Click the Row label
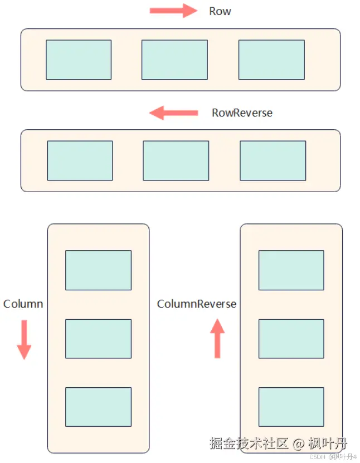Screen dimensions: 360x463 click(220, 12)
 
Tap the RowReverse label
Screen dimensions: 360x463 click(242, 113)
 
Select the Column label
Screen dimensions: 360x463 click(23, 304)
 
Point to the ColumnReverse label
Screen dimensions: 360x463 click(196, 304)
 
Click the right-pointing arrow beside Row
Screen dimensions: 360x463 click(173, 11)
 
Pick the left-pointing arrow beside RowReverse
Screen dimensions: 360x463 click(173, 113)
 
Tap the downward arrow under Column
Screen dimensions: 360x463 click(24, 339)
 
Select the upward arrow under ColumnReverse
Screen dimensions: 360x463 click(217, 338)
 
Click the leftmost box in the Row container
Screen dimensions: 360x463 click(79, 60)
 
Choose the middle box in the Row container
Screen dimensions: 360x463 click(174, 60)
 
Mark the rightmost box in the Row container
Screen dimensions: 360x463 click(271, 60)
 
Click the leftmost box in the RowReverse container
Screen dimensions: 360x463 click(80, 160)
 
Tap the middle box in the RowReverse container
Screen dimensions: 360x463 click(176, 160)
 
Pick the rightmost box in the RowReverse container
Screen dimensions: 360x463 click(273, 160)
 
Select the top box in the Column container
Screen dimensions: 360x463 click(98, 270)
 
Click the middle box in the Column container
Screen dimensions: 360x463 click(98, 339)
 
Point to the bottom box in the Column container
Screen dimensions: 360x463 click(98, 407)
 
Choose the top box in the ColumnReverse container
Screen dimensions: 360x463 click(291, 270)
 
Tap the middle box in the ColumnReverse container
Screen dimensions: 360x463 click(291, 339)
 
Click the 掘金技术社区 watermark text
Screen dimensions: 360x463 click(249, 444)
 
